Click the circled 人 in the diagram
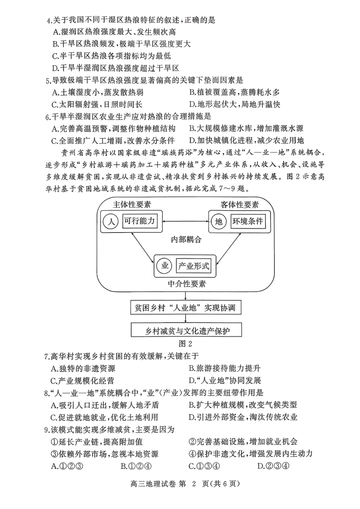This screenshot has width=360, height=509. point(111,221)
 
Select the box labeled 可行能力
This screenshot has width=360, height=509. point(139,221)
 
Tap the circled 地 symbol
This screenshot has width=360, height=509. point(219,221)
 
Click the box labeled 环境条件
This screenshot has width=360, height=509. point(248,221)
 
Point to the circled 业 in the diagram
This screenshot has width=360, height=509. point(165,266)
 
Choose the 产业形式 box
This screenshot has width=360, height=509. point(194,266)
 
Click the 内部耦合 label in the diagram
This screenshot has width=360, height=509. point(186,240)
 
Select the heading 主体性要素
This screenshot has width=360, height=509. point(132,205)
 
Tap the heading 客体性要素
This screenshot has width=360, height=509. point(239,205)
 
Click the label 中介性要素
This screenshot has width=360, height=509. point(187,284)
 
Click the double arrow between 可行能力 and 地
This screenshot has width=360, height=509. point(185,221)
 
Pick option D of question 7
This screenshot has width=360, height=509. point(225,380)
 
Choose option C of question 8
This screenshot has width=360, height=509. point(104,417)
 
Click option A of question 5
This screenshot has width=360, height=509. point(97,92)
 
